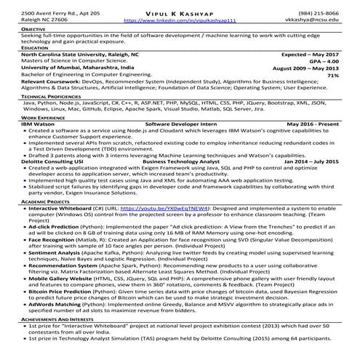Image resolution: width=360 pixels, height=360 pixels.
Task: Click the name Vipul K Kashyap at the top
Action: (x=179, y=13)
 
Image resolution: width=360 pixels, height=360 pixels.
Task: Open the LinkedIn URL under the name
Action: (x=180, y=22)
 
